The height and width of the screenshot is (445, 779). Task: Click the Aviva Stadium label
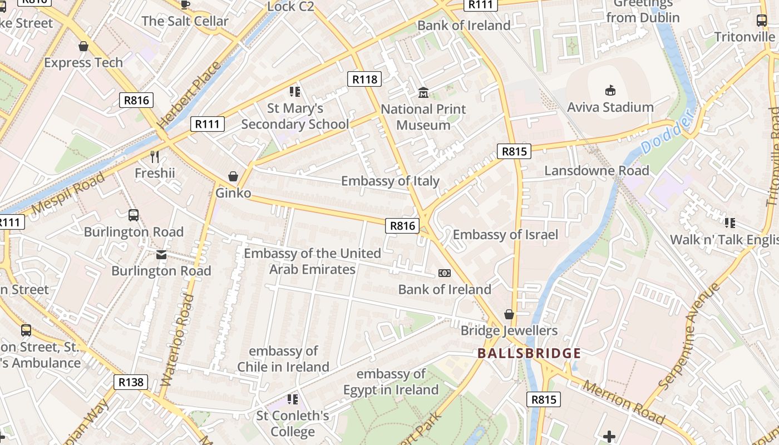click(610, 107)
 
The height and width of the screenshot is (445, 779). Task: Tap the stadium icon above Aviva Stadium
click(610, 90)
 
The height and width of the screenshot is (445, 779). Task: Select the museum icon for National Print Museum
click(423, 92)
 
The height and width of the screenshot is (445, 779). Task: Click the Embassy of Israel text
click(505, 235)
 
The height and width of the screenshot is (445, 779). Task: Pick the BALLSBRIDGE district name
click(529, 353)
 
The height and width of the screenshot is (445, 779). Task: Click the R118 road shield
click(364, 79)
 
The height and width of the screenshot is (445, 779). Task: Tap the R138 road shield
click(132, 382)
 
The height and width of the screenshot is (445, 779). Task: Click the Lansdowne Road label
click(596, 171)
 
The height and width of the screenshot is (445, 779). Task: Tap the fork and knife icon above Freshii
click(155, 157)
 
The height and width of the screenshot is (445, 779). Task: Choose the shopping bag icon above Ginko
click(233, 176)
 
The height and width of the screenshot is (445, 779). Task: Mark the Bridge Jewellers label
click(509, 331)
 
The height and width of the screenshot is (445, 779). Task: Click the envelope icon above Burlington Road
click(161, 255)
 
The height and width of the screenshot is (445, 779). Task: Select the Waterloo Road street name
click(177, 340)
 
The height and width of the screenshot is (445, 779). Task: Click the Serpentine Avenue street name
click(689, 336)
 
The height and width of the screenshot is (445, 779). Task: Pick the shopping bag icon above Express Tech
click(83, 46)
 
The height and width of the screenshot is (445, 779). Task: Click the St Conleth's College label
click(293, 424)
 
